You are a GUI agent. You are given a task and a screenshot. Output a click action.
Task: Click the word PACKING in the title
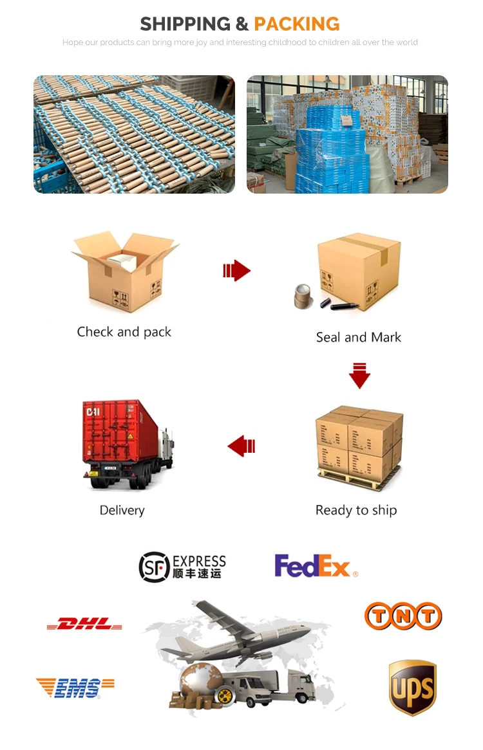[297, 24]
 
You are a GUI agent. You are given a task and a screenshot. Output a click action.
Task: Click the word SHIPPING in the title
[185, 24]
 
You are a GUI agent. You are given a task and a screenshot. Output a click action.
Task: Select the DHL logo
[84, 623]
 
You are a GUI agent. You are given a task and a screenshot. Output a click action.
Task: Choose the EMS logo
[75, 688]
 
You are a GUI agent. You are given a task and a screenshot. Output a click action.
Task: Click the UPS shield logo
[413, 687]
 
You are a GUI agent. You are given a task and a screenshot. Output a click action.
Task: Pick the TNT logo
[403, 616]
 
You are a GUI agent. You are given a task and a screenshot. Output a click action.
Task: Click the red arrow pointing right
[236, 271]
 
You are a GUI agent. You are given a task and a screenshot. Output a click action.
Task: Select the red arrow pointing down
[359, 376]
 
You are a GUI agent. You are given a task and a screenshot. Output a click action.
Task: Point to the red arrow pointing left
[241, 445]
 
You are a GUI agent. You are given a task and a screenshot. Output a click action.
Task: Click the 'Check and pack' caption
[124, 332]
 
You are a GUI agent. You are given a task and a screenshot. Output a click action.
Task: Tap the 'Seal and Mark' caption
[359, 337]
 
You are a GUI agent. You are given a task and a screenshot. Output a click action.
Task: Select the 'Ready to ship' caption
[356, 510]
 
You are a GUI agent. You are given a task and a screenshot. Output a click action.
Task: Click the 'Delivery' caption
[122, 510]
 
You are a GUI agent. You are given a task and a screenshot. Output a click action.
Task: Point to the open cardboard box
[124, 270]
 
